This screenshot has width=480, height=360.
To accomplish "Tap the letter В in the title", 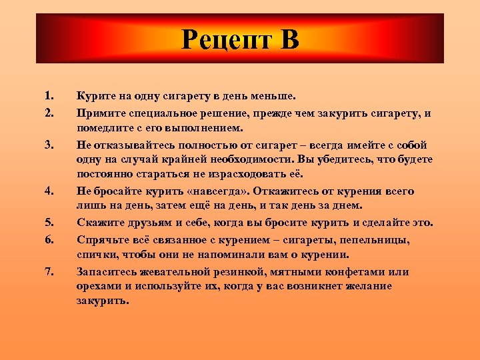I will click(x=288, y=40).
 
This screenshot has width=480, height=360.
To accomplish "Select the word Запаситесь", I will click(x=109, y=272).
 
